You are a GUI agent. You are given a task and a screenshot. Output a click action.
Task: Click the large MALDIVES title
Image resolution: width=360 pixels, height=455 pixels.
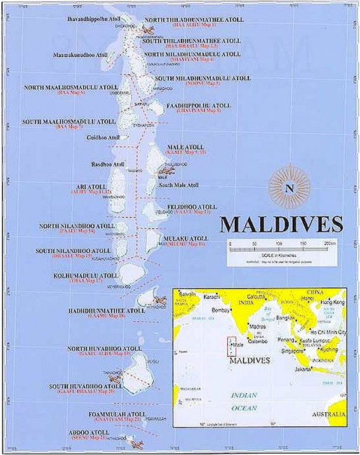[x=281, y=225]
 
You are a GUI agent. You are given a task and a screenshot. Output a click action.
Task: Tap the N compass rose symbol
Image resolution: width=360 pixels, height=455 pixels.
[x=290, y=187]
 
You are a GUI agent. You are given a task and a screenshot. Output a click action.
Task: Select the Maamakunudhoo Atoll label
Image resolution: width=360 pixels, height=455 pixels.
[x=81, y=55]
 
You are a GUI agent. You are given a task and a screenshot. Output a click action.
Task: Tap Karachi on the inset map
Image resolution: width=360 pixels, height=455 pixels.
[x=211, y=297]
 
